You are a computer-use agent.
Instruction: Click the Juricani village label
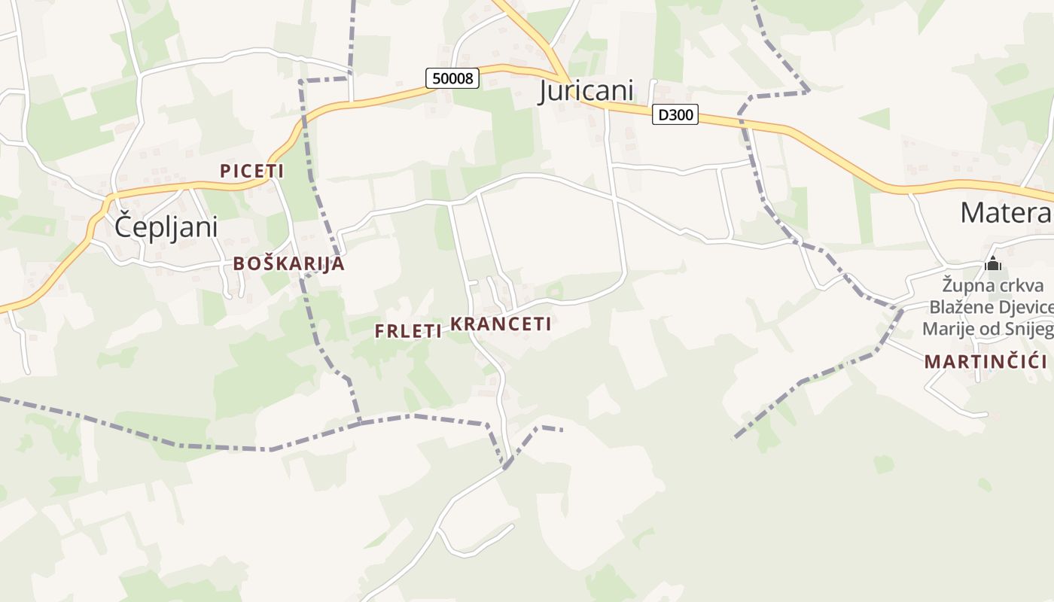pos(586,90)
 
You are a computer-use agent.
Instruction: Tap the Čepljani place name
pos(166,227)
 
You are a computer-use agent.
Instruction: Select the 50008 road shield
pos(452,78)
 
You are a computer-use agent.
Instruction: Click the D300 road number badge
pos(675,114)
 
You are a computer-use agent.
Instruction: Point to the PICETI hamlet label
pos(251,171)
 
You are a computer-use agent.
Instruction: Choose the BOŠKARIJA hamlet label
pos(289,263)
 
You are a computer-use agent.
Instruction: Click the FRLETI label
pos(408,331)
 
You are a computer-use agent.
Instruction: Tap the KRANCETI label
pos(501,324)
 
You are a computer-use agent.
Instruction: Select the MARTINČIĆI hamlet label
pos(986,361)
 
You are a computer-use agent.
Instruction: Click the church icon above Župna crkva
pos(993,264)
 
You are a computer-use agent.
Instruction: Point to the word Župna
pos(964,286)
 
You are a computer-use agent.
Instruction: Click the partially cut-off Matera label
pos(1006,213)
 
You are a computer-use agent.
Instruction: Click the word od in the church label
pos(990,330)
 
